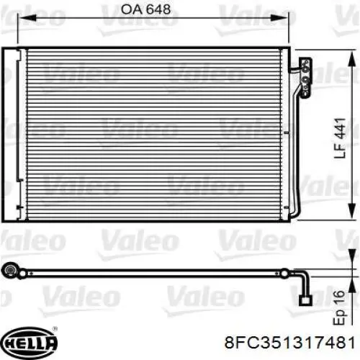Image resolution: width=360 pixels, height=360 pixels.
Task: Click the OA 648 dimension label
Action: click(x=145, y=9)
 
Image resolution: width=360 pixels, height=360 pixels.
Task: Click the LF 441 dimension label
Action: click(x=340, y=138)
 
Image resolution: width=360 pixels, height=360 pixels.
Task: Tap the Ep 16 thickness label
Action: click(x=339, y=308)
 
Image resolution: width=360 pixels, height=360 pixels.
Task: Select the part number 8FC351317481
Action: click(x=289, y=342)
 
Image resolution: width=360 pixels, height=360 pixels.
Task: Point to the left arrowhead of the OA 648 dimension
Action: click(x=27, y=17)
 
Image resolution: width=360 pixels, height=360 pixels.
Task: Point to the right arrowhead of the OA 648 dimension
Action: click(x=279, y=17)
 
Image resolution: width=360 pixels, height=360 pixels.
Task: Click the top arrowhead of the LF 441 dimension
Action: click(x=351, y=59)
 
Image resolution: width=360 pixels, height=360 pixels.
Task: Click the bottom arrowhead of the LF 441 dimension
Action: click(x=351, y=210)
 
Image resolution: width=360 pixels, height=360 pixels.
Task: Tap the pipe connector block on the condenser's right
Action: click(x=306, y=77)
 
